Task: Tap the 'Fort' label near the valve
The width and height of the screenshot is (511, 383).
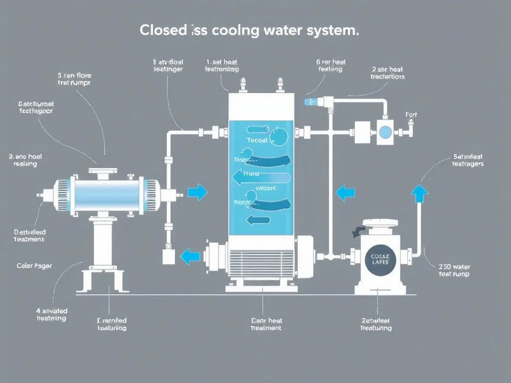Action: click(411, 115)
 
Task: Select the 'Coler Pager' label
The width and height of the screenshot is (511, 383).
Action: click(34, 266)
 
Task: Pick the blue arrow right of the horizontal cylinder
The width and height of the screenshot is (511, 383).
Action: click(198, 192)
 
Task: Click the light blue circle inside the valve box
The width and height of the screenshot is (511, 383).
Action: click(385, 132)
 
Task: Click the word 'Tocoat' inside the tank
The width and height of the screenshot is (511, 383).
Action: click(257, 141)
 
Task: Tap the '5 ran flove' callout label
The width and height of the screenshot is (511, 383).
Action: click(74, 79)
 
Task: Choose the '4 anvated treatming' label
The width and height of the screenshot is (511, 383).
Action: click(51, 314)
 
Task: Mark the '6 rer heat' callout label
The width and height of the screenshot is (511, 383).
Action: click(330, 65)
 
